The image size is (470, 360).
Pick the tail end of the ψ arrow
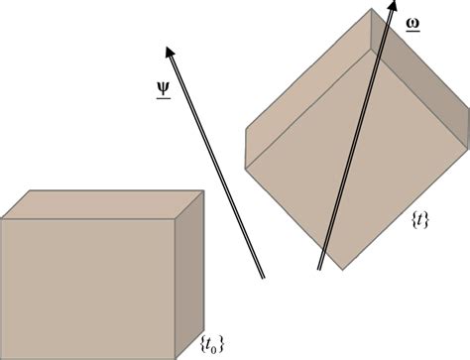(x=264, y=276)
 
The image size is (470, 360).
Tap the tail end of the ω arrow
(x=319, y=268)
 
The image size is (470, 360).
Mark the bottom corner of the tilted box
(x=341, y=269)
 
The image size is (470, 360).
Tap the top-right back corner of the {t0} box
(x=202, y=187)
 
